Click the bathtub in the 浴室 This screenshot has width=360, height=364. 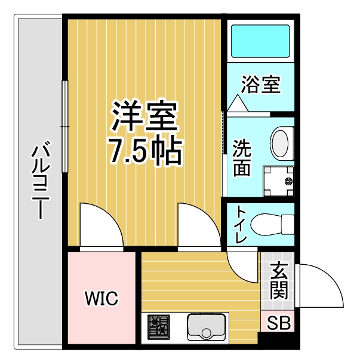point(260,41)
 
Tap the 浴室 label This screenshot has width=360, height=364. point(261,84)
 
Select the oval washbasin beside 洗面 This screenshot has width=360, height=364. point(280,143)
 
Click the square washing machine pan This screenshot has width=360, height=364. point(278,181)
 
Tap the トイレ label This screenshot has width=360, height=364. point(241,225)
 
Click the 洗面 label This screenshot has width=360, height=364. point(242,158)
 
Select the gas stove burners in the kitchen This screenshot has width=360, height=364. point(159,328)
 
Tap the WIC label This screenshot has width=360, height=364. point(101,298)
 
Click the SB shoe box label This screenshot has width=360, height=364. point(278,323)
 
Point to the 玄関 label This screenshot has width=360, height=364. point(279,281)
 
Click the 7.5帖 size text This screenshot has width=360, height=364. point(144,151)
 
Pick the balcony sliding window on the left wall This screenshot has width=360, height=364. point(65,127)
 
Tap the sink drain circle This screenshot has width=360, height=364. point(207,334)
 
